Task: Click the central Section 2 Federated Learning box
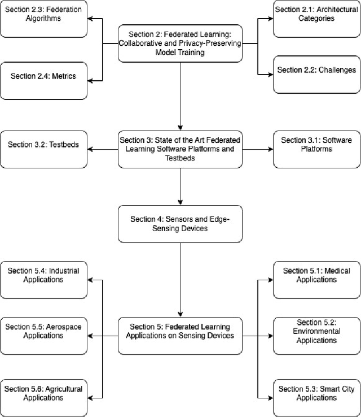[x=180, y=43]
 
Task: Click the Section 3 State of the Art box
[x=180, y=149]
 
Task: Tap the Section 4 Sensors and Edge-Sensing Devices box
[x=180, y=224]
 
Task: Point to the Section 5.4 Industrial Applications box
[x=44, y=280]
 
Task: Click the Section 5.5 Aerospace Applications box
[x=44, y=336]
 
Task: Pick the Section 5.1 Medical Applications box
[x=316, y=280]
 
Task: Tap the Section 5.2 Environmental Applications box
[x=316, y=336]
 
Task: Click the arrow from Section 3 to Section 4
[x=180, y=186]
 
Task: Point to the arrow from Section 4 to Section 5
[x=180, y=280]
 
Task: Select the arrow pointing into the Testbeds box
[x=103, y=149]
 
